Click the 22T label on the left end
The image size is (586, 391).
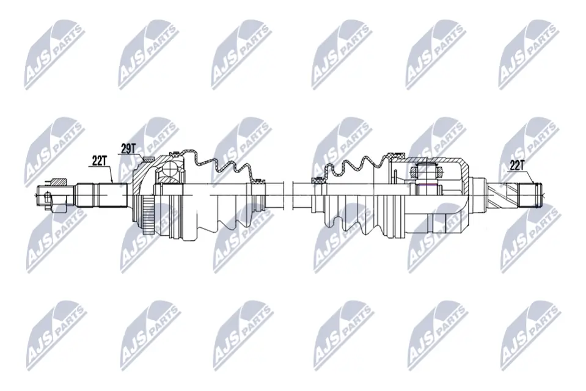click(100, 160)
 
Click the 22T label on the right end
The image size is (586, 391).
click(517, 164)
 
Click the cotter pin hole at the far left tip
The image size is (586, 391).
click(47, 196)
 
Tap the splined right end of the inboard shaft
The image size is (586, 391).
click(529, 194)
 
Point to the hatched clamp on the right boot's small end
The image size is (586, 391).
click(318, 180)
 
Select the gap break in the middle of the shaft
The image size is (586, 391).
click(288, 194)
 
